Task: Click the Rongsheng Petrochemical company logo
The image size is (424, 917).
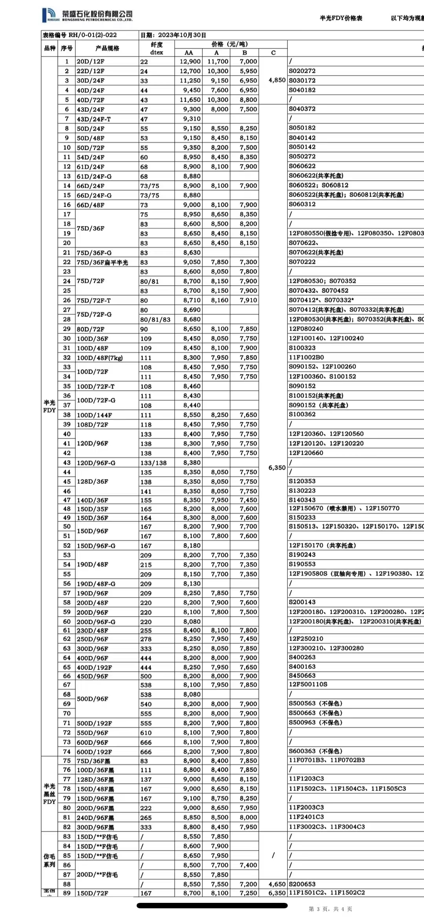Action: (87, 15)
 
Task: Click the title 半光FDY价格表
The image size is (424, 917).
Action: (341, 18)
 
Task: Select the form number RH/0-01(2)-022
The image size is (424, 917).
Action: (80, 35)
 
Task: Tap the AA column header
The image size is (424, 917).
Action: (188, 53)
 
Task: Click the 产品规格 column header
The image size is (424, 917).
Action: (107, 48)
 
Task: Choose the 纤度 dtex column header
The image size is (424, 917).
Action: (157, 48)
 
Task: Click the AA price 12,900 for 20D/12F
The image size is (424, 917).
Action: (190, 62)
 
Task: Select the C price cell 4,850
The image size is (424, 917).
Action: (277, 80)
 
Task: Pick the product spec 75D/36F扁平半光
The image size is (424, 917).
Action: (102, 263)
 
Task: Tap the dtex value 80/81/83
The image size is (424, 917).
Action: (155, 320)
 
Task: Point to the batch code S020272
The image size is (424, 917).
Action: (302, 71)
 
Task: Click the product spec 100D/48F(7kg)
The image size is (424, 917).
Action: (100, 358)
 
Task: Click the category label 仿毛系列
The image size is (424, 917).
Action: (49, 860)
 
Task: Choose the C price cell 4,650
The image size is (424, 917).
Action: (277, 884)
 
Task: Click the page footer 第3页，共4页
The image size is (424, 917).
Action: (330, 909)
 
